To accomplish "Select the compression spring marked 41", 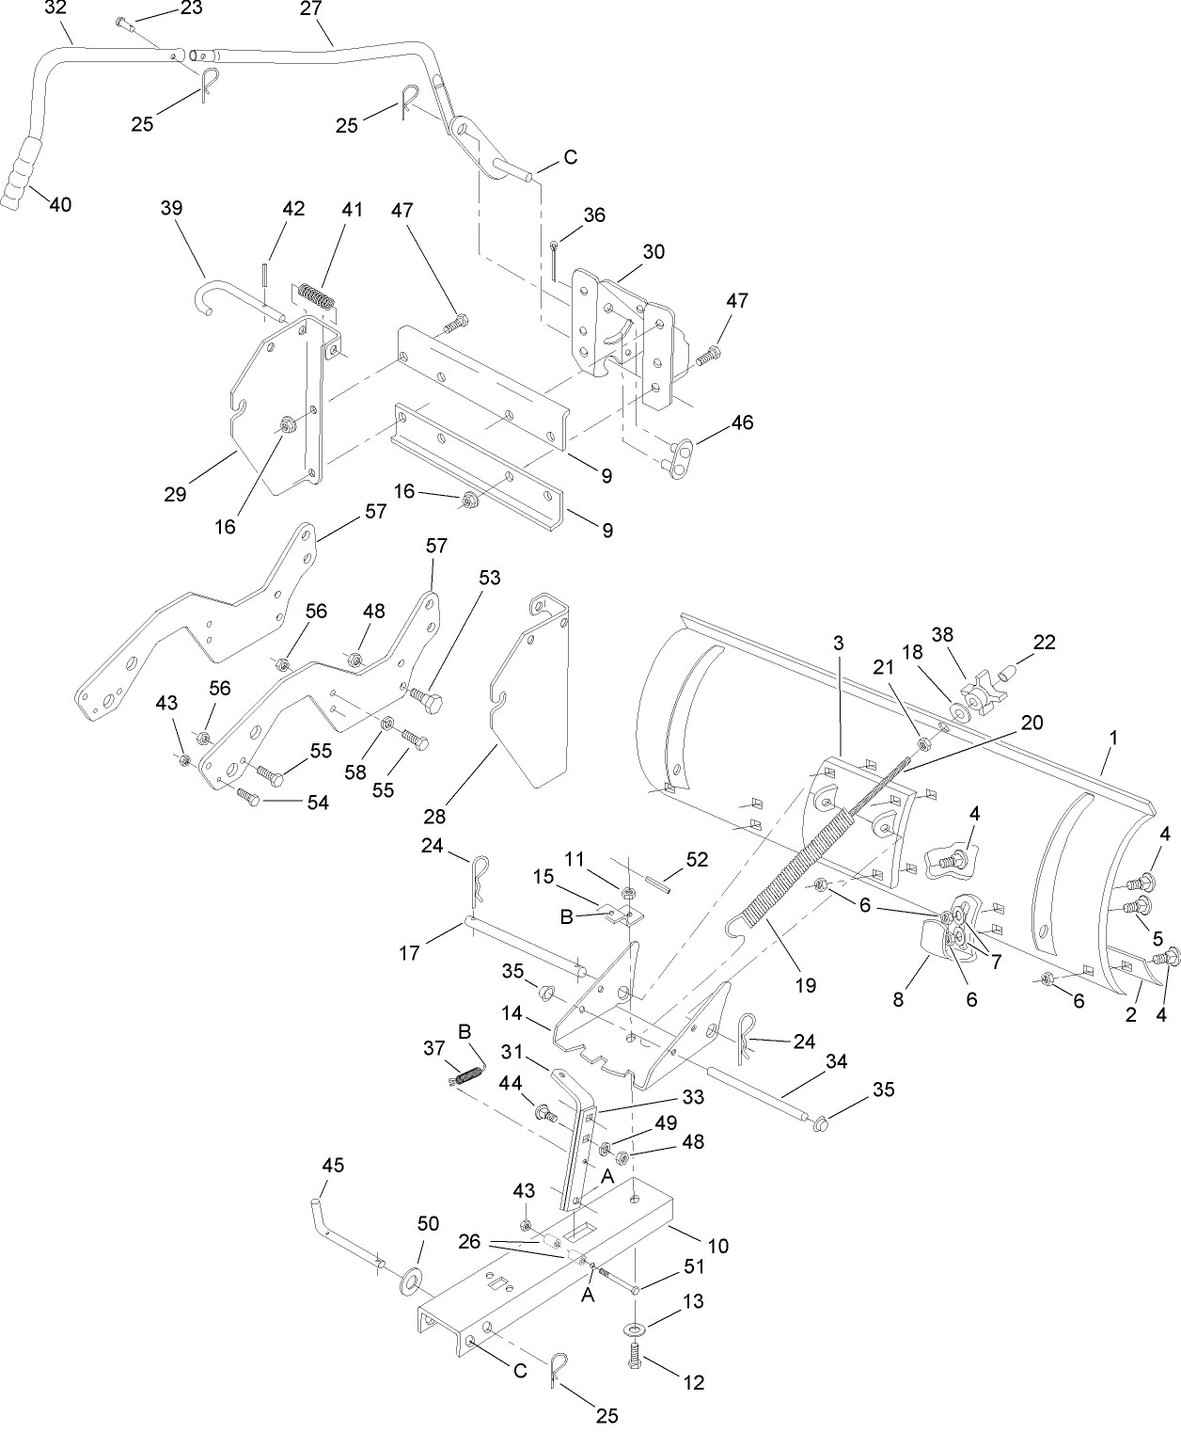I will pyautogui.click(x=318, y=294).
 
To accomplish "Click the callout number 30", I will pyautogui.click(x=653, y=252).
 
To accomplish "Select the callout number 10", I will pyautogui.click(x=717, y=1247).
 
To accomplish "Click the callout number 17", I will pyautogui.click(x=409, y=953).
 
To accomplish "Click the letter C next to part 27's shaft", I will pyautogui.click(x=570, y=157).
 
